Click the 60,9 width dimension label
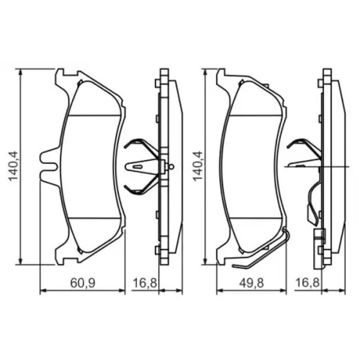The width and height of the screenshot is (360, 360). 83,283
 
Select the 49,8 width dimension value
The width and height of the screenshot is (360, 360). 251,283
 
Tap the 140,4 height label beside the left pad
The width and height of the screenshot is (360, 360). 13,166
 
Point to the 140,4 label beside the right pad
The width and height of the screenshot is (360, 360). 197,166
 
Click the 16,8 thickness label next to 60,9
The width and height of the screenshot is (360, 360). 145,283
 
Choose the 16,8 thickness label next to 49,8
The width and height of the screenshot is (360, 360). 308,283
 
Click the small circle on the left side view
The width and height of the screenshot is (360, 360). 171,166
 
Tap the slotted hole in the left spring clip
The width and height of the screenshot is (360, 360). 137,167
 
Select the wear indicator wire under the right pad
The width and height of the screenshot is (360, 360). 262,250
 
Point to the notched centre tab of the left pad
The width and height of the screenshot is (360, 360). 49,166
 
